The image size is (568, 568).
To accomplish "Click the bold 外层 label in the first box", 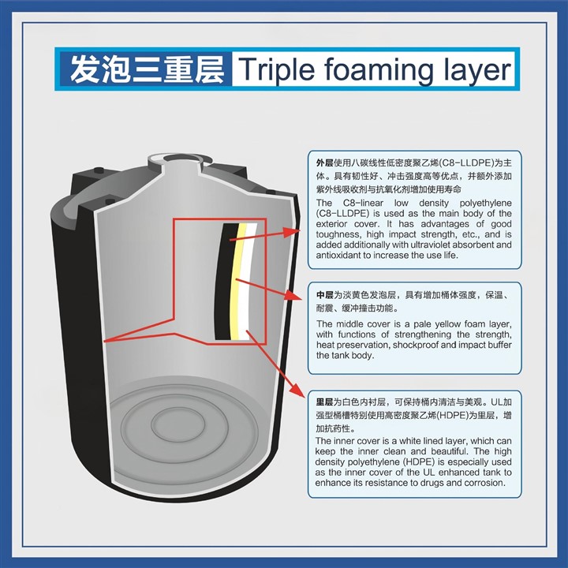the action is [x=324, y=163].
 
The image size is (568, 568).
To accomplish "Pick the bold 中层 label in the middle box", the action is [x=324, y=295].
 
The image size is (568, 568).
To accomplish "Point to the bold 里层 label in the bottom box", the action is [x=324, y=402].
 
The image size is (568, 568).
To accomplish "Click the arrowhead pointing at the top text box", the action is [x=293, y=232].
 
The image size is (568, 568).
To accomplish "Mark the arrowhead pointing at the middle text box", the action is [x=293, y=295].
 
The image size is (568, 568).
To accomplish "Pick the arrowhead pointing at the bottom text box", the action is [x=299, y=390].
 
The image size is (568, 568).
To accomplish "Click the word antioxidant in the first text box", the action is [x=338, y=255].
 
